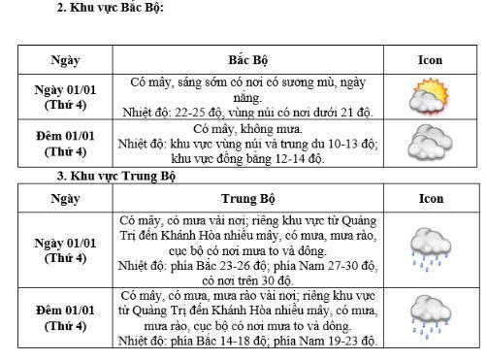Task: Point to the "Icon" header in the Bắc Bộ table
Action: pyautogui.click(x=430, y=59)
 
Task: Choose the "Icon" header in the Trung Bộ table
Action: pyautogui.click(x=430, y=198)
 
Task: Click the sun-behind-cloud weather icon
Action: pyautogui.click(x=429, y=98)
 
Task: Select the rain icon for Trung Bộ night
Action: pyautogui.click(x=429, y=317)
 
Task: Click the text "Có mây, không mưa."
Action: pyautogui.click(x=248, y=128)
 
